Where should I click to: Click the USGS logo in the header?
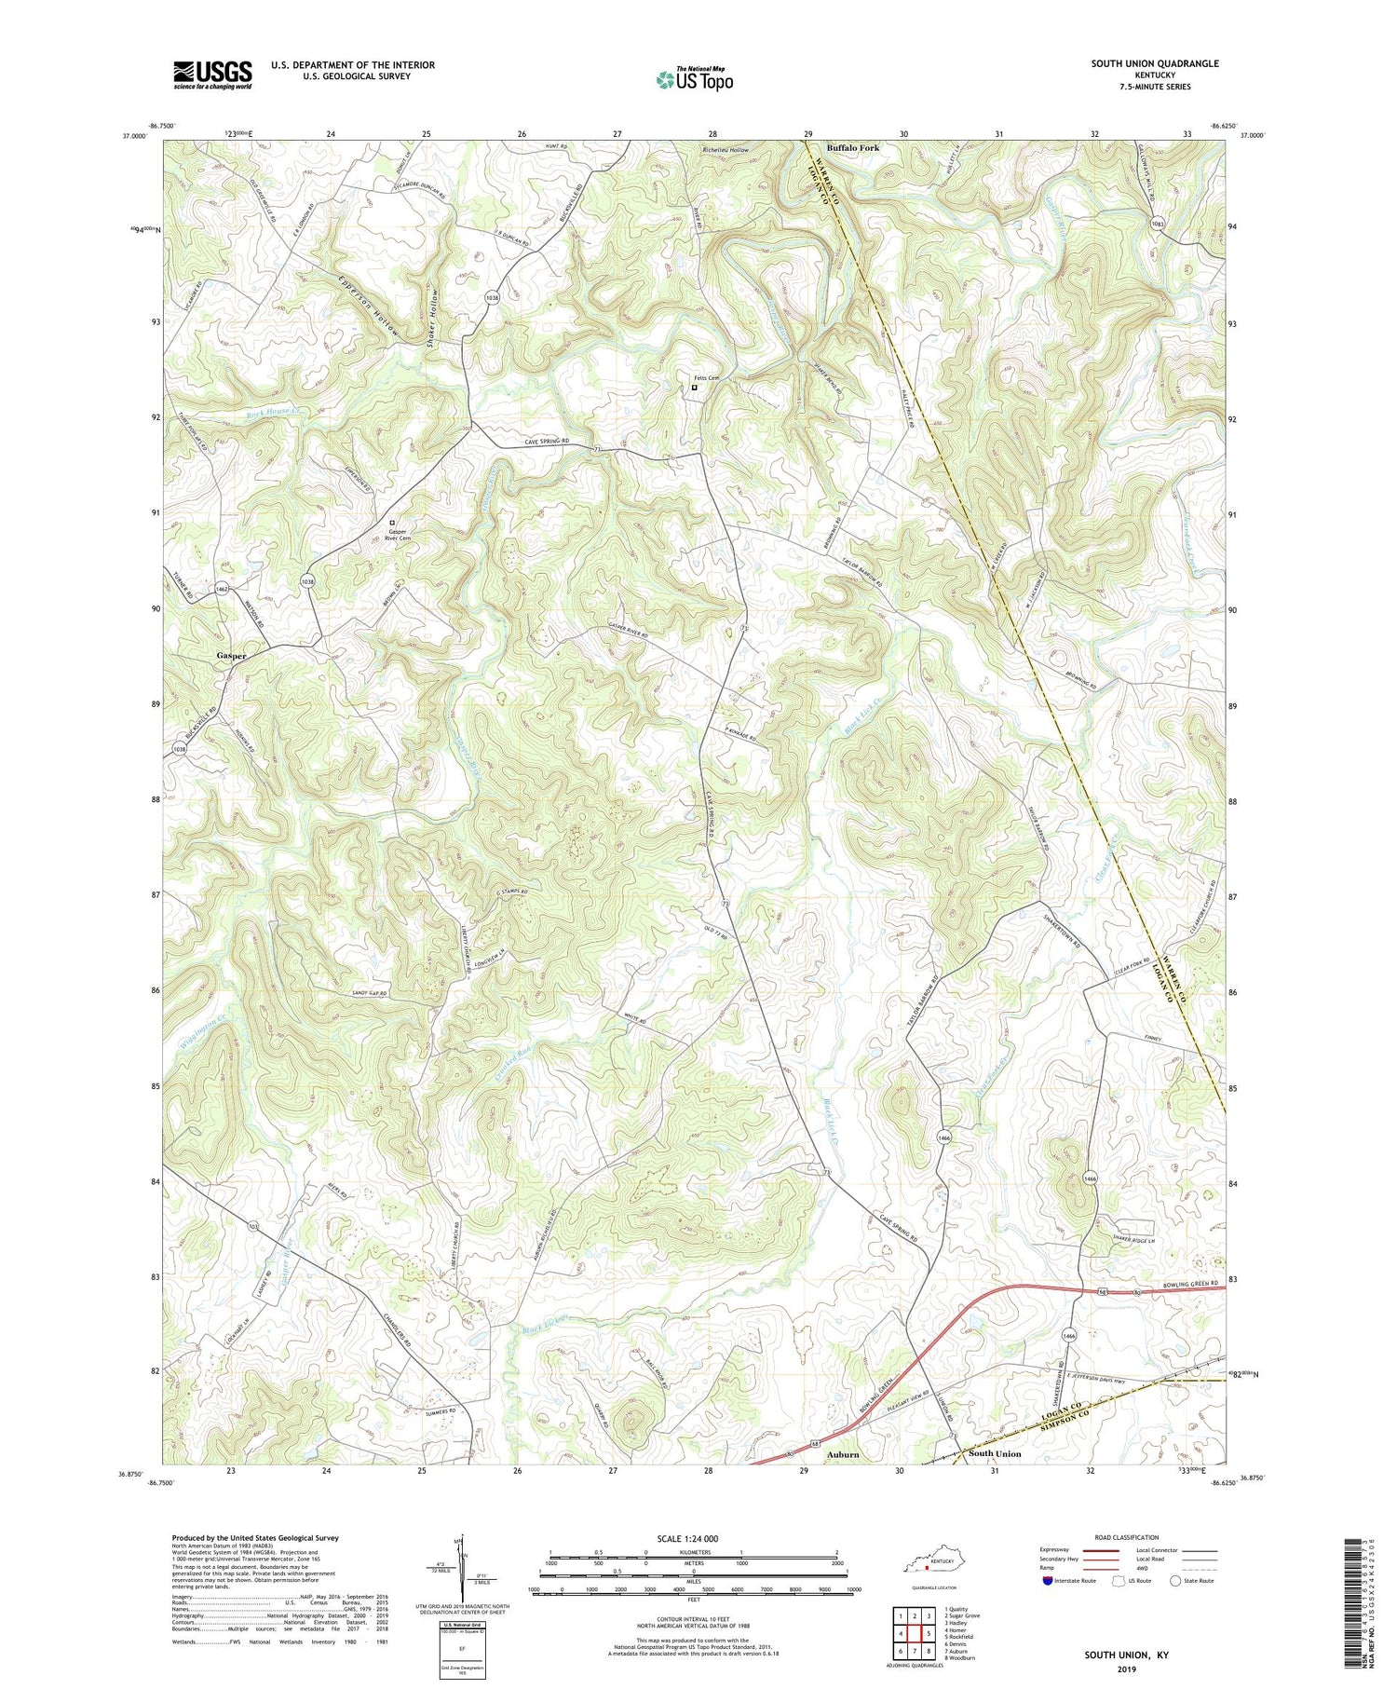212,75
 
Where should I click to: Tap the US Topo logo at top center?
694,79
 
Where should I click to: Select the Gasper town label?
232,656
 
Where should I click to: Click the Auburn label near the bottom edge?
842,1453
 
